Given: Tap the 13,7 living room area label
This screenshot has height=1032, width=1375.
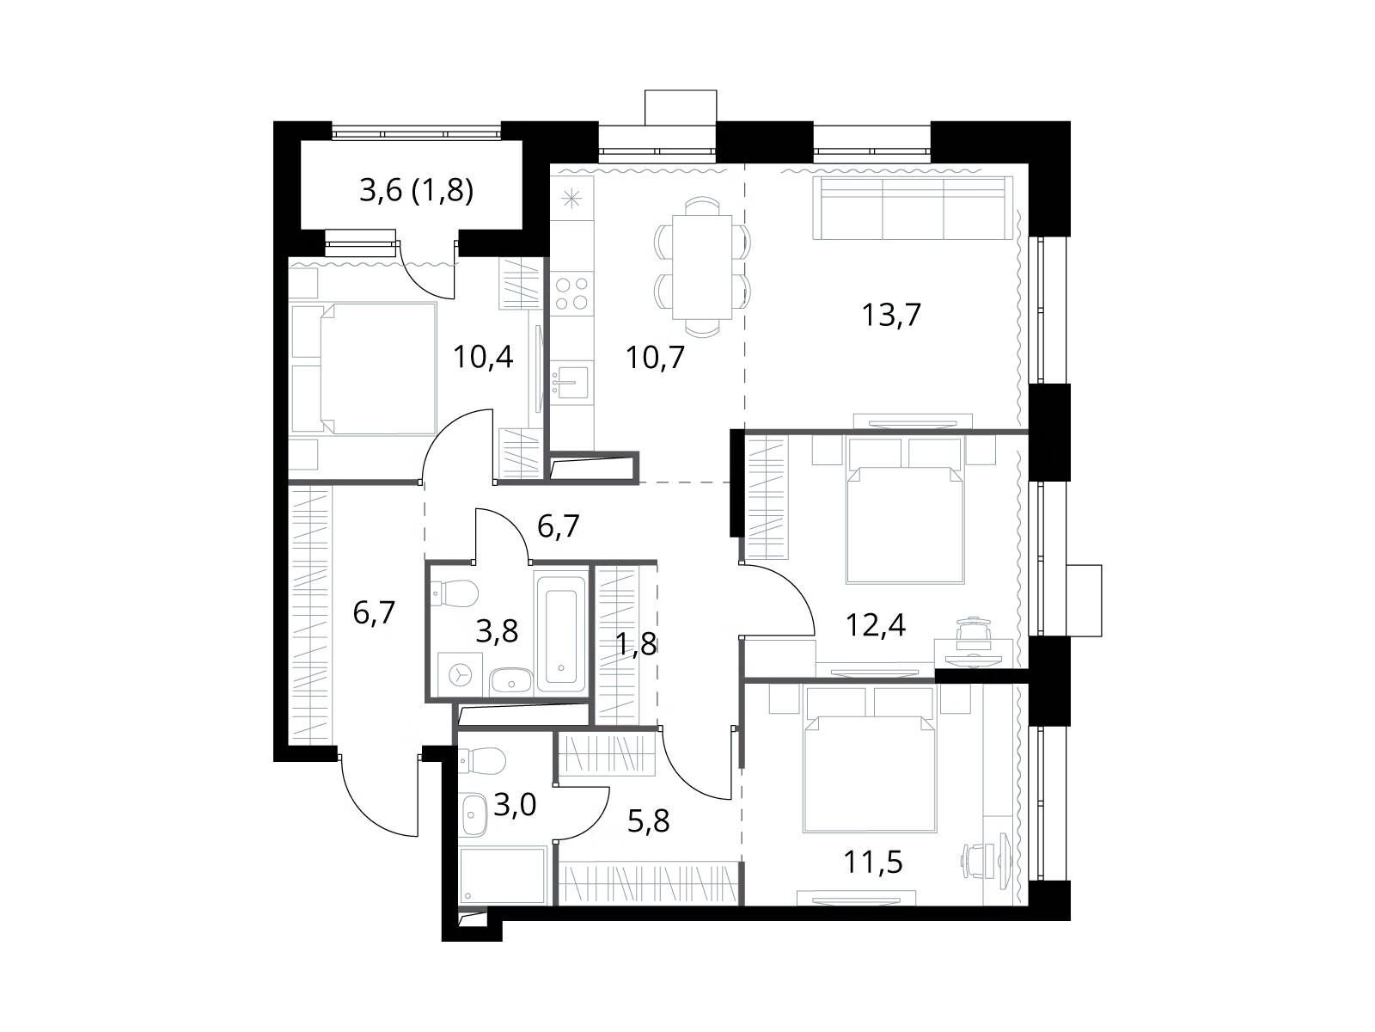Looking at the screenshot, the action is pyautogui.click(x=891, y=315).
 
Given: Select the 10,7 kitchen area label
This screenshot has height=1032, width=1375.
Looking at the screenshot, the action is pyautogui.click(x=655, y=358).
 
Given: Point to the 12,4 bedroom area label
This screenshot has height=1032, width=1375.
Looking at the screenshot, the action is pyautogui.click(x=876, y=624).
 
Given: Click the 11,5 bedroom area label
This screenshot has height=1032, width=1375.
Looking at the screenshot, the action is pyautogui.click(x=873, y=863).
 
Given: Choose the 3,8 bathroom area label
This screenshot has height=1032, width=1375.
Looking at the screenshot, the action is pyautogui.click(x=497, y=631).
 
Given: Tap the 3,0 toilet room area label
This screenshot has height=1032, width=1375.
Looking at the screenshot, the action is pyautogui.click(x=515, y=805).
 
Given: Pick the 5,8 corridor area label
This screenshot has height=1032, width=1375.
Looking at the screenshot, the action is pyautogui.click(x=648, y=821).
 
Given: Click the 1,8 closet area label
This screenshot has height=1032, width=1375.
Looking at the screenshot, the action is pyautogui.click(x=636, y=643).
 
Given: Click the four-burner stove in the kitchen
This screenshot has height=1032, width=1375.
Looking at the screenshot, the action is pyautogui.click(x=572, y=292).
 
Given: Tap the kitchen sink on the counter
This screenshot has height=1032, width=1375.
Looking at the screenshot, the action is pyautogui.click(x=570, y=381).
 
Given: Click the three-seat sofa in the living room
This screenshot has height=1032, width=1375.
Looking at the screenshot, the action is pyautogui.click(x=913, y=207).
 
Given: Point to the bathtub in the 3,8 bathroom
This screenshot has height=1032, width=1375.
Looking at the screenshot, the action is pyautogui.click(x=560, y=630).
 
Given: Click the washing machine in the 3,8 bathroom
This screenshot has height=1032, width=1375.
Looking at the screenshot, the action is pyautogui.click(x=461, y=674).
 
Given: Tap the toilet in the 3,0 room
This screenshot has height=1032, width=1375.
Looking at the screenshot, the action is pyautogui.click(x=481, y=761).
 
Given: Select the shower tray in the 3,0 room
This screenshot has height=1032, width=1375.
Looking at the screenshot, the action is pyautogui.click(x=503, y=875).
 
